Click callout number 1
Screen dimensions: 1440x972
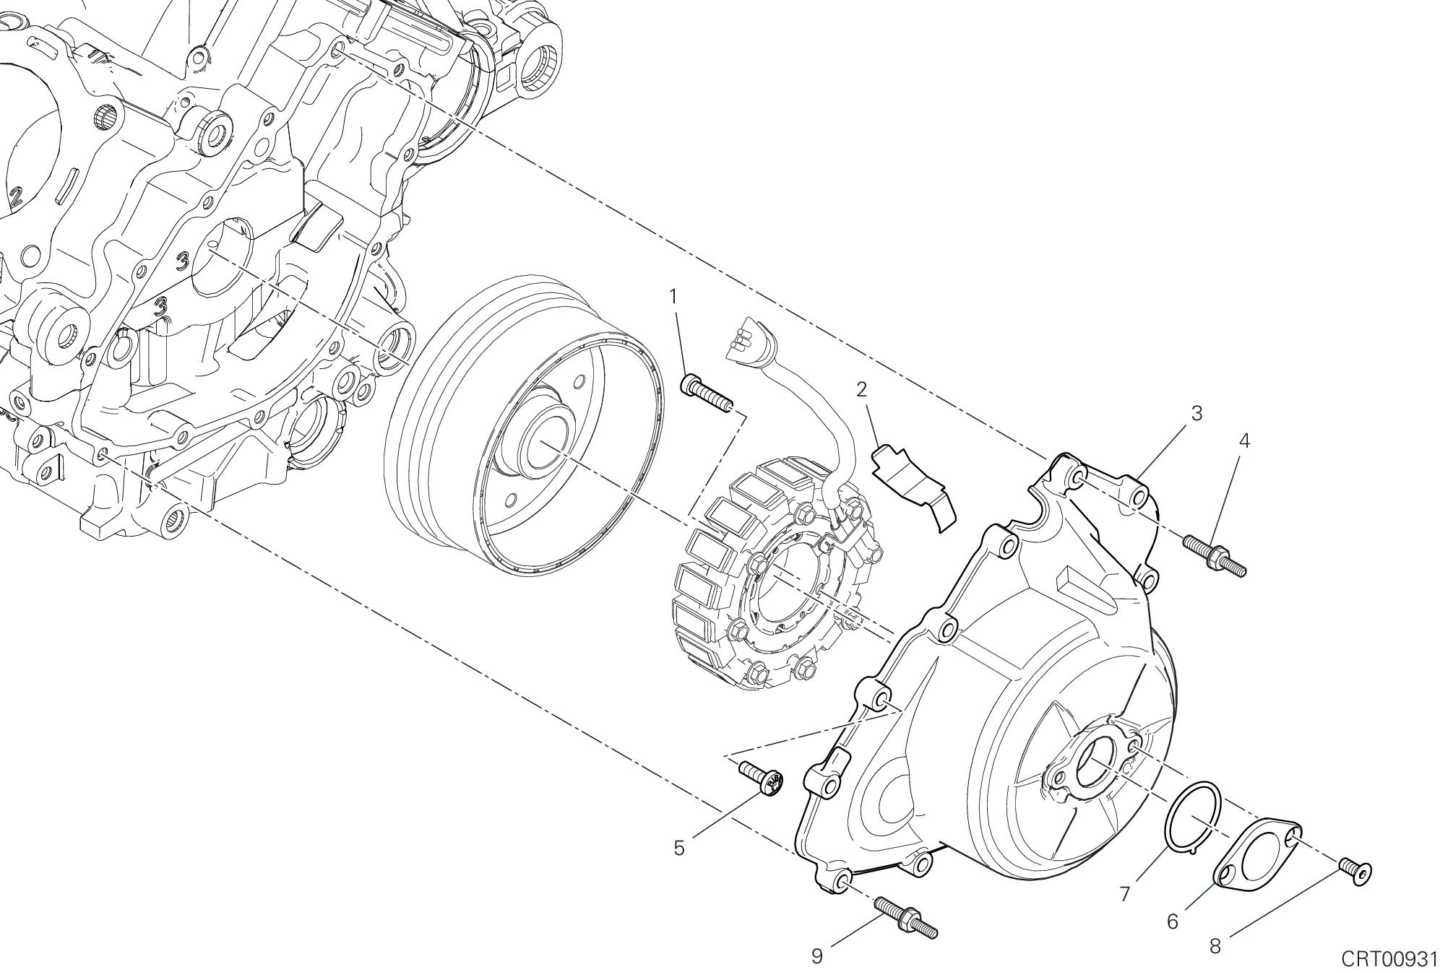click(x=673, y=296)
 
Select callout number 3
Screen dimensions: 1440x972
click(x=1196, y=414)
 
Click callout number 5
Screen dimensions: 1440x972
click(x=678, y=848)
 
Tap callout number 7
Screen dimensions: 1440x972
click(x=1124, y=894)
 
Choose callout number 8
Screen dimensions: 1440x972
click(x=1215, y=946)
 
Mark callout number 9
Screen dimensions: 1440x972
click(x=816, y=956)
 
